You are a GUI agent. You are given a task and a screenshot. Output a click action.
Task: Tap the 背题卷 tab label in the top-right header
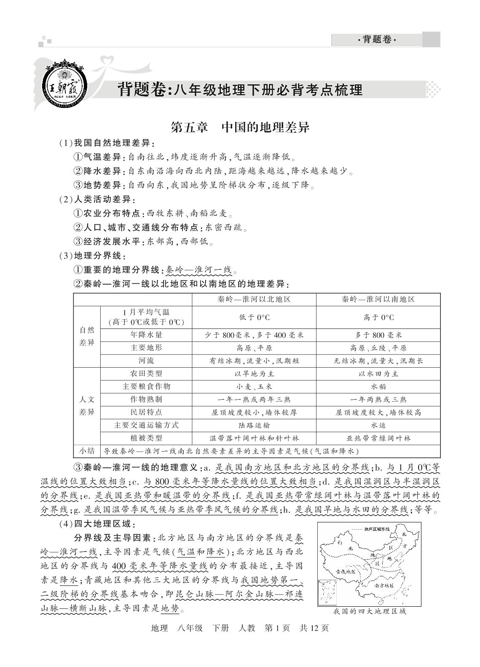click(x=377, y=40)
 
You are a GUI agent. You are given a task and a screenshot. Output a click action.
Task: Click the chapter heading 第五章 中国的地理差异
click(x=240, y=127)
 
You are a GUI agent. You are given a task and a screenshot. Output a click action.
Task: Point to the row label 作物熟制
click(x=146, y=399)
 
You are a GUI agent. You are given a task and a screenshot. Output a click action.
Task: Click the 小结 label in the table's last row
click(x=87, y=451)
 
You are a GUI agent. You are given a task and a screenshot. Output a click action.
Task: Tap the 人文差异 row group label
click(x=87, y=406)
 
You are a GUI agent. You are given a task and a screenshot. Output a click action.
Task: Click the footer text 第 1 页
click(x=277, y=628)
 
